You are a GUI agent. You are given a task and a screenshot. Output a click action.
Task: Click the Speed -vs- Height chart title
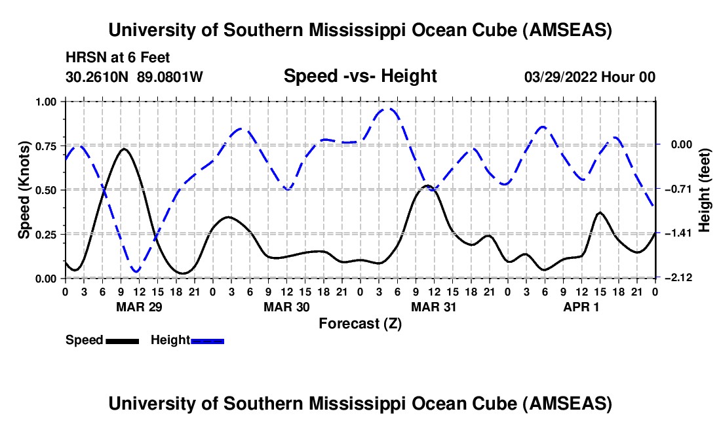(360, 76)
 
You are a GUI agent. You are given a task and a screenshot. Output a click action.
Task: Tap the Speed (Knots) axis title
(24, 190)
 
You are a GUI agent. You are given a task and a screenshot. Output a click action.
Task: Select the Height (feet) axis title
(704, 190)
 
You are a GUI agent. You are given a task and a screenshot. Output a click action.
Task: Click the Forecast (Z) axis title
(360, 324)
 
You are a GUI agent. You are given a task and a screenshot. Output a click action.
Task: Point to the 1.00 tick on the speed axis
(46, 102)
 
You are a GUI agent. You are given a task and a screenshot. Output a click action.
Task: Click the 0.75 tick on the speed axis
(46, 145)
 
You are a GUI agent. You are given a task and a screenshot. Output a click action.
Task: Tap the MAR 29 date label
(140, 307)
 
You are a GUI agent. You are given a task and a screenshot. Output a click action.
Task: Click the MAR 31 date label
(434, 307)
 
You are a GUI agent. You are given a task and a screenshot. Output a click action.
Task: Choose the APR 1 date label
(581, 307)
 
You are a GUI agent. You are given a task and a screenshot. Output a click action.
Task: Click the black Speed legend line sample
(123, 341)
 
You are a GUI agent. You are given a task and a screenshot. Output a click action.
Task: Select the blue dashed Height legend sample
(207, 341)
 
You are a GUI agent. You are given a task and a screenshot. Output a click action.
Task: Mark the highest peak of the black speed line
(124, 149)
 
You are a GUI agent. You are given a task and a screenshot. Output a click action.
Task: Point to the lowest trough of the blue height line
(136, 271)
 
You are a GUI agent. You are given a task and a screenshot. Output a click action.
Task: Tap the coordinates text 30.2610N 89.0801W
(134, 77)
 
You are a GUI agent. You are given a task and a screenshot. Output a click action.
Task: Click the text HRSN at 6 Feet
(118, 58)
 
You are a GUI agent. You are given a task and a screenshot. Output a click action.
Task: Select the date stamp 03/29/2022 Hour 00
(590, 77)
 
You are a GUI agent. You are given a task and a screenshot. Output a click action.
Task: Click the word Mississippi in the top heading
(357, 30)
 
